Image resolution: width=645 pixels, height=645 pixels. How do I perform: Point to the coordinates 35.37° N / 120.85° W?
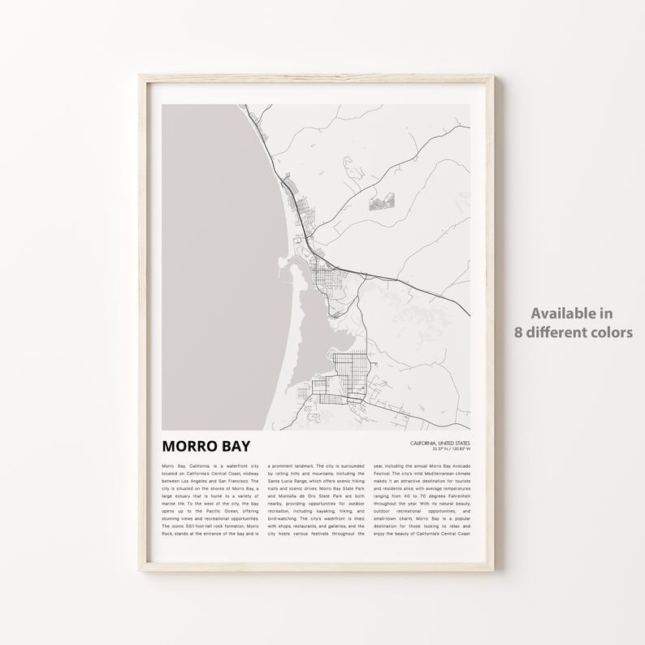coord(452,448)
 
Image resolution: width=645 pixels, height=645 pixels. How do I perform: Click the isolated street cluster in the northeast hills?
coord(380,201)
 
